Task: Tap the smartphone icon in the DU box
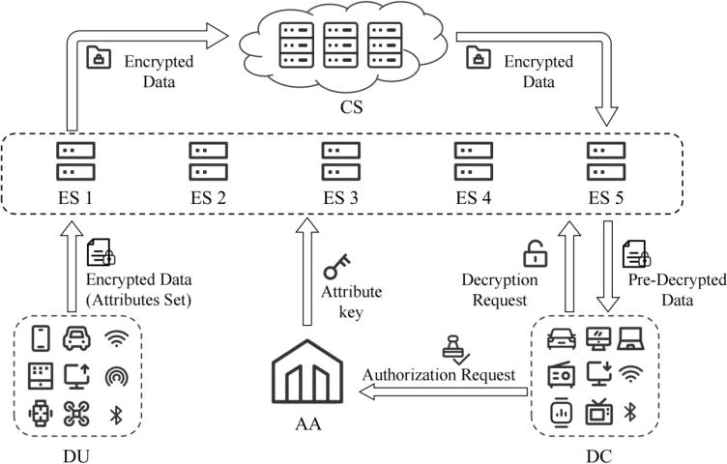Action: pyautogui.click(x=41, y=338)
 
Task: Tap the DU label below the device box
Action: pyautogui.click(x=77, y=450)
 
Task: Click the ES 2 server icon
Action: pyautogui.click(x=203, y=161)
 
